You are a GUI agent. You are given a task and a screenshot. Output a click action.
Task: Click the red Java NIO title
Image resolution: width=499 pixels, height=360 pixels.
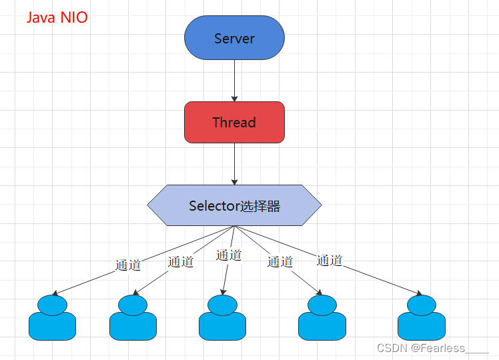57,17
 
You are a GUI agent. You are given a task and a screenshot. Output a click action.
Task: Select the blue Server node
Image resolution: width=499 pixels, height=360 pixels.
234,38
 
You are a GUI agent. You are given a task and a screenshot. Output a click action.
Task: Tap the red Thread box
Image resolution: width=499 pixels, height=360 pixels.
234,122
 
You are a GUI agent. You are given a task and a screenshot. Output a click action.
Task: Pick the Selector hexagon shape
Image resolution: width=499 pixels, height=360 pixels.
234,205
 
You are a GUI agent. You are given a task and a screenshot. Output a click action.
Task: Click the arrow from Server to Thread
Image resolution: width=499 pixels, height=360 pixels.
234,80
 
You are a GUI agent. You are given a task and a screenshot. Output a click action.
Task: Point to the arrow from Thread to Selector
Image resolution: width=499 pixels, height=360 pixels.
234,163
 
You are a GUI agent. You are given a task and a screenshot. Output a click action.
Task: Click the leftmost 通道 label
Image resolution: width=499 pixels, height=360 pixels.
128,265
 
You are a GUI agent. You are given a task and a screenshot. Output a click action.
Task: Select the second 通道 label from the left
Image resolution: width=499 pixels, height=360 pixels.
180,262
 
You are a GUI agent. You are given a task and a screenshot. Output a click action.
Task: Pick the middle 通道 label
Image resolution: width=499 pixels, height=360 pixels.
229,255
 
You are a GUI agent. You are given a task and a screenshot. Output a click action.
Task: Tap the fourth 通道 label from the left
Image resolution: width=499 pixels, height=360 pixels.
280,262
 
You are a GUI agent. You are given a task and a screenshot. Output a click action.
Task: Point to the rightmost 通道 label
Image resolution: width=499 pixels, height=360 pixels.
330,260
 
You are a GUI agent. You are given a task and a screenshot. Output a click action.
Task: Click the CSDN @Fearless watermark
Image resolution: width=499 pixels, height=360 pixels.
432,348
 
